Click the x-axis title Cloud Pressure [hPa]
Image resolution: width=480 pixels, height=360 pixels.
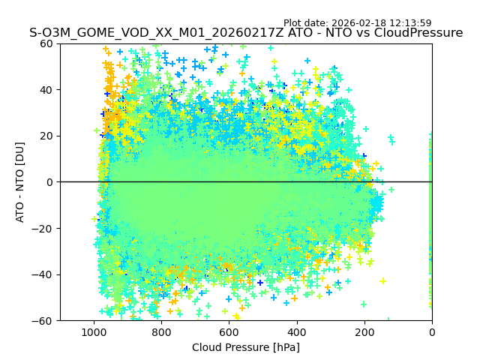coord(246,347)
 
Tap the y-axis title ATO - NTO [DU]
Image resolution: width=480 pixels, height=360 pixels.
coord(20,182)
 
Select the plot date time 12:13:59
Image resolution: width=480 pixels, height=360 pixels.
coord(410,23)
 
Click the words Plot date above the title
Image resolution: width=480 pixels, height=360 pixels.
coord(304,23)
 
